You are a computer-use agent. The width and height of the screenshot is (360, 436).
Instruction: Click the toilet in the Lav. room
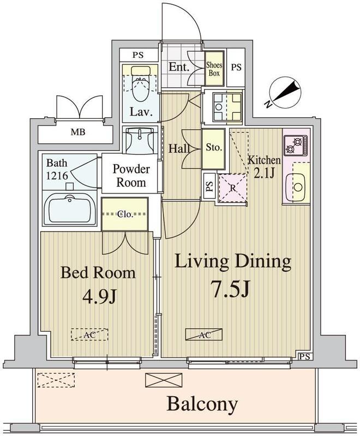pos(140,83)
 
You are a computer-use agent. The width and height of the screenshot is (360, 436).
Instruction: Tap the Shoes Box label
pos(214,69)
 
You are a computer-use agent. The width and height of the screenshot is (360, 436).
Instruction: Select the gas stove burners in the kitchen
pos(296,146)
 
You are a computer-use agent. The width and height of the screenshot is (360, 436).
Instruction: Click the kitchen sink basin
pos(298,187)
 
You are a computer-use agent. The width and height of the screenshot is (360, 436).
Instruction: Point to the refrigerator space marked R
pos(233,188)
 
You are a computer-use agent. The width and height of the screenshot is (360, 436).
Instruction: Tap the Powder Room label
pos(131,175)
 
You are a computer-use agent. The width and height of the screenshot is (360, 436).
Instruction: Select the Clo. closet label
pos(124,214)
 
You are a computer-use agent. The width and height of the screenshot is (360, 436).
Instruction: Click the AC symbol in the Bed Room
pos(89,335)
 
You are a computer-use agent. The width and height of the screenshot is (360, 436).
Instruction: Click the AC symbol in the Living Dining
pos(203,335)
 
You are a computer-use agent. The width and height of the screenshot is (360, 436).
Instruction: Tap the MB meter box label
pos(78,132)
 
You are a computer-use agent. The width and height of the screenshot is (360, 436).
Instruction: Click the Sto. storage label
pos(214,147)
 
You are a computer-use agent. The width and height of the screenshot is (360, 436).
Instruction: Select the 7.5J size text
pos(231,289)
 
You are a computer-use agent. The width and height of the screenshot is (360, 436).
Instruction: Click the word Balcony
pos(202,404)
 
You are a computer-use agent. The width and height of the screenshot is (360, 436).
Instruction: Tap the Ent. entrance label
pos(179,67)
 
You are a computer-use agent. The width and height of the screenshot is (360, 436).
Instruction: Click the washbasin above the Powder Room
pos(140,140)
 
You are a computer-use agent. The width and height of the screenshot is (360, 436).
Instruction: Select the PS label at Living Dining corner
pos(305,356)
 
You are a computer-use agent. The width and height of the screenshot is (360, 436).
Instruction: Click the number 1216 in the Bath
pos(57,175)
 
